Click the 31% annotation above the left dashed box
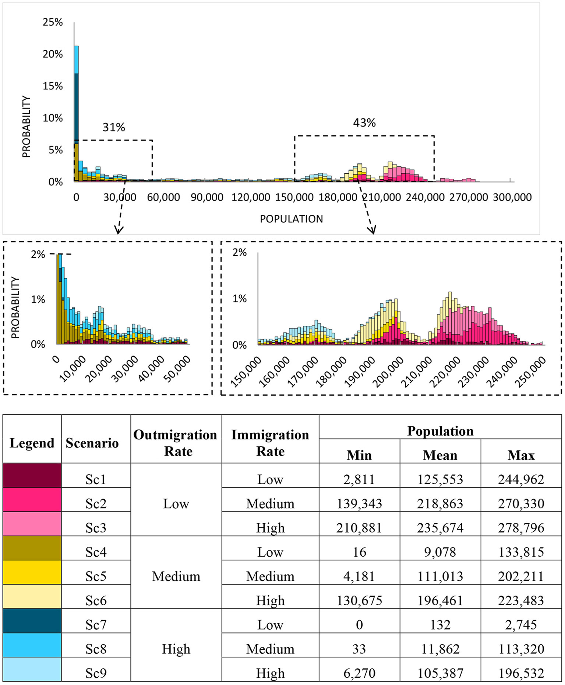pos(114,127)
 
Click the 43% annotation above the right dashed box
pos(364,123)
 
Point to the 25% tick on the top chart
pos(53,22)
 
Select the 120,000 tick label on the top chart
pos(251,197)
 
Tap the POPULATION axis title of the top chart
pos(291,219)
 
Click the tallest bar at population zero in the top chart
pos(76,110)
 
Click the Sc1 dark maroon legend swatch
pos(32,475)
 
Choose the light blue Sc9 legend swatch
pos(32,669)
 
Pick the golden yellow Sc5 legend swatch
pos(32,572)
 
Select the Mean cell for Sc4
pos(440,552)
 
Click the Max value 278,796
pos(521,528)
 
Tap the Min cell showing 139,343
pos(359,503)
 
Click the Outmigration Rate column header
pos(176,443)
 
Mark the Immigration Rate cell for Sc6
pos(270,600)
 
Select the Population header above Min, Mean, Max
pos(440,431)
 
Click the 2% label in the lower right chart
pos(239,252)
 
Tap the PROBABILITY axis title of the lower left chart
pos(15,307)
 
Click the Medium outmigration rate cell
pos(176,576)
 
